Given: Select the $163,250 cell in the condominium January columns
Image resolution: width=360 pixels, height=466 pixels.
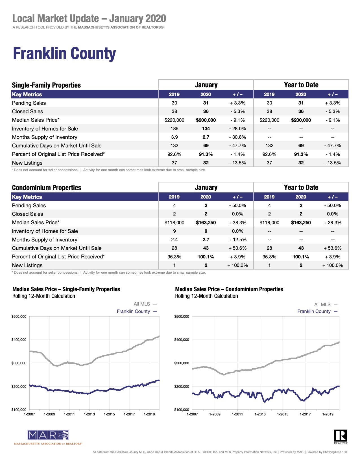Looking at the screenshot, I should pyautogui.click(x=206, y=223).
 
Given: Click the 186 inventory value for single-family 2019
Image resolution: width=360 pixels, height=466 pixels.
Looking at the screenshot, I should pyautogui.click(x=174, y=129).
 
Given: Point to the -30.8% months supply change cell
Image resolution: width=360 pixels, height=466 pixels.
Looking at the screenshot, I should pyautogui.click(x=237, y=137).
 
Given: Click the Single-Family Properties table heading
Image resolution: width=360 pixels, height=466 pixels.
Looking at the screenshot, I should pyautogui.click(x=46, y=85).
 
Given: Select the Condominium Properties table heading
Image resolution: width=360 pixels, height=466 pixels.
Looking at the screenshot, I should pyautogui.click(x=47, y=188).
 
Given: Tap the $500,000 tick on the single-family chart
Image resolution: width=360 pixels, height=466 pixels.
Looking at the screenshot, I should pyautogui.click(x=19, y=317).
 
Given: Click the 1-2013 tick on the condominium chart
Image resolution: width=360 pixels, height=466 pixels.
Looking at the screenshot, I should pyautogui.click(x=260, y=414).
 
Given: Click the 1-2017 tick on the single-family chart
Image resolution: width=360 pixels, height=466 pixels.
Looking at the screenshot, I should pyautogui.click(x=129, y=414).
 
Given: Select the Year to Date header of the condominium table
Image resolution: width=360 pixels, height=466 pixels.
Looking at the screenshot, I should pyautogui.click(x=301, y=188).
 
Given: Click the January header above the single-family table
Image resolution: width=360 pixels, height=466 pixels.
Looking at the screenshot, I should pyautogui.click(x=206, y=85).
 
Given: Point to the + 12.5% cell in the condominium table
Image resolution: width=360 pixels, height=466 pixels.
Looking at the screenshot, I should pyautogui.click(x=237, y=239).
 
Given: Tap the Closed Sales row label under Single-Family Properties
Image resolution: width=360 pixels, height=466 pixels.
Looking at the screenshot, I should pyautogui.click(x=27, y=112).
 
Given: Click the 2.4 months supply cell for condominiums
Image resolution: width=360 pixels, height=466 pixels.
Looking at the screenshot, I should pyautogui.click(x=174, y=239).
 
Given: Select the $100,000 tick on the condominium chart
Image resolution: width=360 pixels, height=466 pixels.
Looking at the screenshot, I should pyautogui.click(x=182, y=410).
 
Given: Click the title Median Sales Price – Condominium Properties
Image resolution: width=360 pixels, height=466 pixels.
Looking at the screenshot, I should pyautogui.click(x=229, y=289).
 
